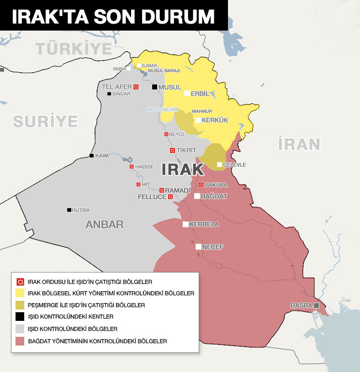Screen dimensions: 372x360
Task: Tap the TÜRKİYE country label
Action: pos(74,48)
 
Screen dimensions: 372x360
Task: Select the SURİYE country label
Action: pos(45,121)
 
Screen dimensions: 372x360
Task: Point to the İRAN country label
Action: pos(299,144)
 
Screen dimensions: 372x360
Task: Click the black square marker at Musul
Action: pos(154,87)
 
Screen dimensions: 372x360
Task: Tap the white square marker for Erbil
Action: pos(187,94)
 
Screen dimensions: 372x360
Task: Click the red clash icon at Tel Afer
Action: pos(136,87)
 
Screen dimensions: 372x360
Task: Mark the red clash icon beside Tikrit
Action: pos(172,150)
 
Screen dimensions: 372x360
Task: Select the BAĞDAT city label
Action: pos(214,196)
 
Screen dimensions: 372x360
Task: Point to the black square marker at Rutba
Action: pos(69,210)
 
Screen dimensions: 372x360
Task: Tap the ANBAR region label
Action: pos(104,225)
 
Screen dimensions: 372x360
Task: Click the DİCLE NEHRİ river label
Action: pos(162,110)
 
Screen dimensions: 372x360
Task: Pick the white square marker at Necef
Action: pos(198,246)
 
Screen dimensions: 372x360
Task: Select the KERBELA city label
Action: pos(204,225)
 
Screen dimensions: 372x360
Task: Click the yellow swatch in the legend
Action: pos(20,293)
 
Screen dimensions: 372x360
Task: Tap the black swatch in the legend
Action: pos(20,317)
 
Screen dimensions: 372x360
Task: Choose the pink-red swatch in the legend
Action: pos(20,341)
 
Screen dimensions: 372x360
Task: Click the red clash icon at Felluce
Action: pos(170,197)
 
